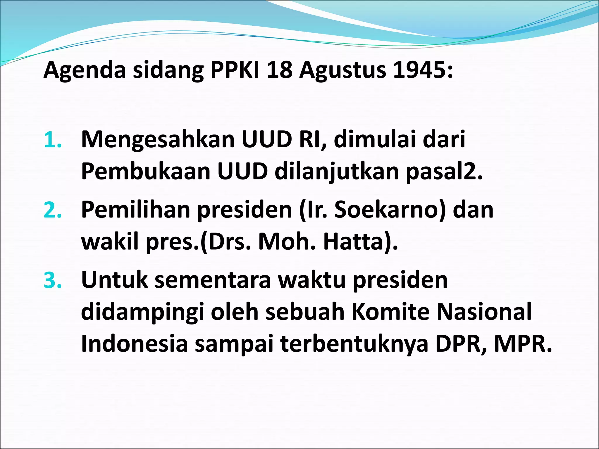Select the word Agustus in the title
pyautogui.click(x=342, y=71)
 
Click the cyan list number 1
pyautogui.click(x=53, y=140)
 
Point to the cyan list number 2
pyautogui.click(x=53, y=210)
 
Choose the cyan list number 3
pyautogui.click(x=53, y=280)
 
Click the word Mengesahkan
pyautogui.click(x=158, y=140)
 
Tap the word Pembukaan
pyautogui.click(x=146, y=172)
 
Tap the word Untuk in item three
pyautogui.click(x=114, y=280)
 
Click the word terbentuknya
pyautogui.click(x=354, y=344)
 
